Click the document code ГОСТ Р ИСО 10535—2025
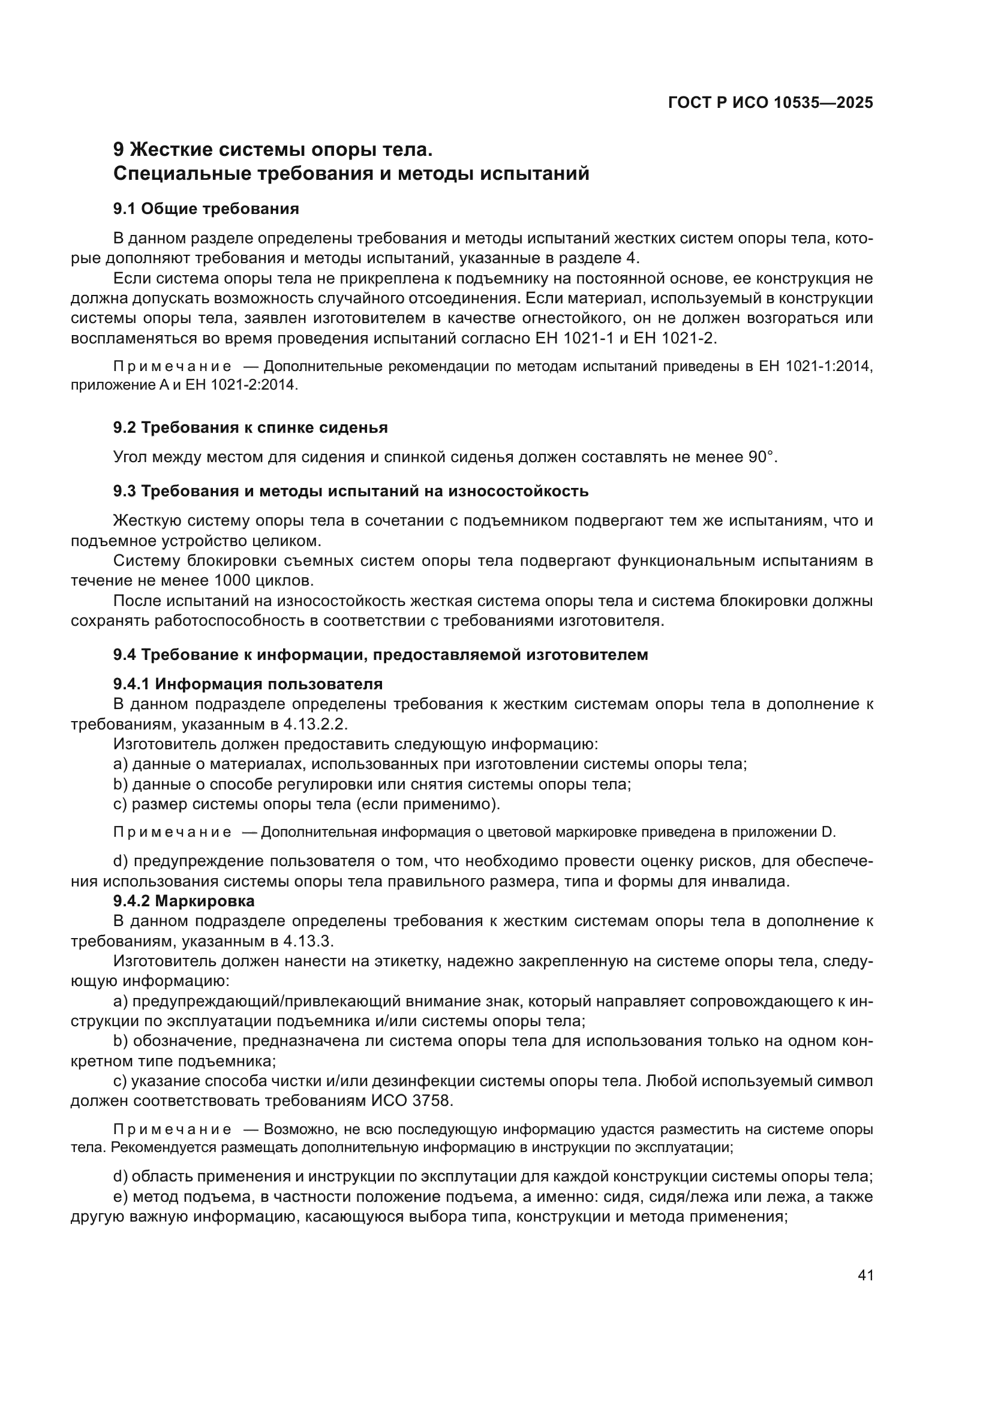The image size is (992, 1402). click(x=770, y=102)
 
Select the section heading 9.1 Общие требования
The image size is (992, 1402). click(x=206, y=209)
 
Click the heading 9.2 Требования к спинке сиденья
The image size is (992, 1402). click(x=251, y=427)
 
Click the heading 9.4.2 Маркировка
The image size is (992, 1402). click(x=184, y=901)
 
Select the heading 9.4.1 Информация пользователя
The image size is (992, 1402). click(x=248, y=684)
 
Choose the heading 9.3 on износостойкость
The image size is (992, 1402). click(x=351, y=491)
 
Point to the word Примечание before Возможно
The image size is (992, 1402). click(x=172, y=1130)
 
